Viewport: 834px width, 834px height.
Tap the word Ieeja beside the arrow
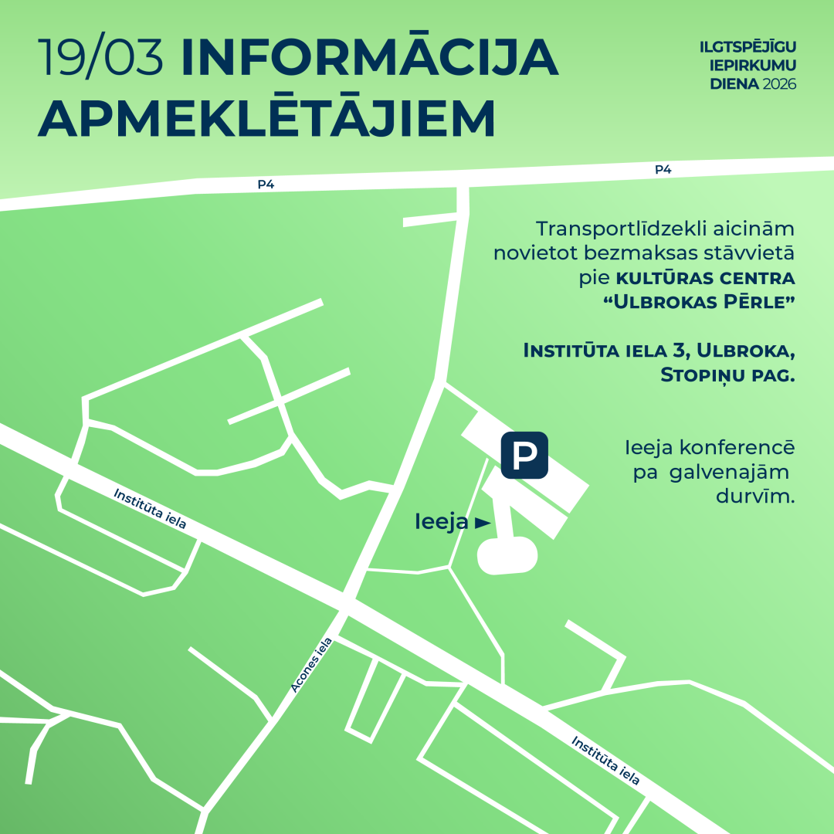click(x=441, y=522)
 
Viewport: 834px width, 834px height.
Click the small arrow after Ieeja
click(x=483, y=523)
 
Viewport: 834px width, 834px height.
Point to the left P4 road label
click(x=266, y=185)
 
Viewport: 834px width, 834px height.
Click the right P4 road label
click(x=663, y=170)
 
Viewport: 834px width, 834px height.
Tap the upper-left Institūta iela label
click(x=151, y=508)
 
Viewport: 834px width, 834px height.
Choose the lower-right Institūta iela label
click(x=606, y=760)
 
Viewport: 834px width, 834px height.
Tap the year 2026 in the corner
click(x=778, y=83)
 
